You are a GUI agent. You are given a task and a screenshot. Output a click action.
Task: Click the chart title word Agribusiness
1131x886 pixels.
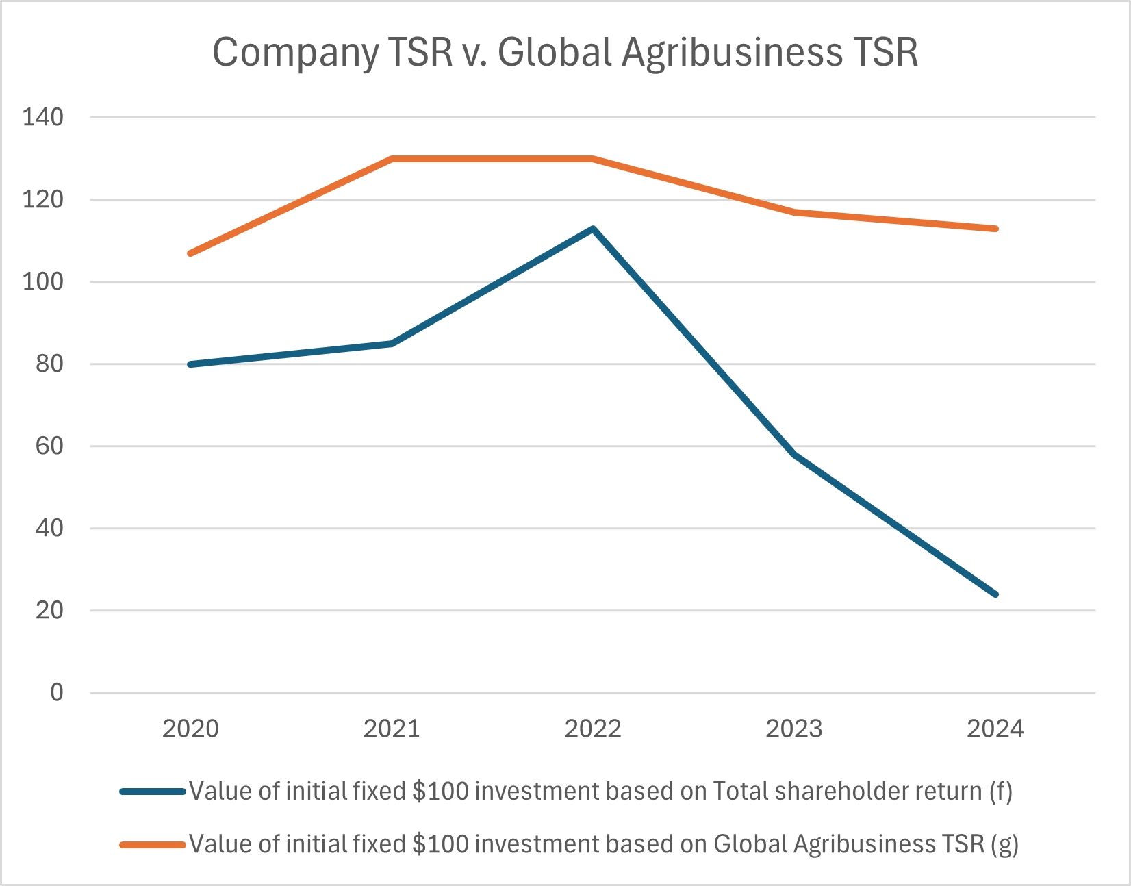tap(732, 52)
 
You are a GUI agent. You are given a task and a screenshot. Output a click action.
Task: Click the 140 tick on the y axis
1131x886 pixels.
tap(42, 117)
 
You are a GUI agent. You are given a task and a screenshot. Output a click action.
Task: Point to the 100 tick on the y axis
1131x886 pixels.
tap(42, 281)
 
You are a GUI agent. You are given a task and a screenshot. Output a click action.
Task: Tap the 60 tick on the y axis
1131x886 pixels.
tap(49, 446)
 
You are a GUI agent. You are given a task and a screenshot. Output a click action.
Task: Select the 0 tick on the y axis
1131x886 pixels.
tap(56, 692)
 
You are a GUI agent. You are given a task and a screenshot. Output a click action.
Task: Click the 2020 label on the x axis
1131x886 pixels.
tap(190, 729)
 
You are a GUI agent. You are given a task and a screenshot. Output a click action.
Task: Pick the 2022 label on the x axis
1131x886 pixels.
tap(593, 729)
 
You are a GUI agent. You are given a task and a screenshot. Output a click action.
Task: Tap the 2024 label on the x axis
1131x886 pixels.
tap(995, 729)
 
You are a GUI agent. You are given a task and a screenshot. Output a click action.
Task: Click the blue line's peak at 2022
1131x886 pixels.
tap(593, 229)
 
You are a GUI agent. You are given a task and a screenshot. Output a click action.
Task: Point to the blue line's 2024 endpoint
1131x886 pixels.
tap(995, 594)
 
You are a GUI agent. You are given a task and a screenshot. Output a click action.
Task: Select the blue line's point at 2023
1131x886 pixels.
tap(794, 454)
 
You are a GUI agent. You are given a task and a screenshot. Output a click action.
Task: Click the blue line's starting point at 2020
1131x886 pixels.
tap(190, 364)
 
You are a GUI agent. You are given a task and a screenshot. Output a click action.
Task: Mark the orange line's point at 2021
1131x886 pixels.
tap(392, 159)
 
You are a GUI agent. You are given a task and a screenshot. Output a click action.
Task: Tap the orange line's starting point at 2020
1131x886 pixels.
tap(190, 253)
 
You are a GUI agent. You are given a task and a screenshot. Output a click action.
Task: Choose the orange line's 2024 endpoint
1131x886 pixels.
tap(995, 229)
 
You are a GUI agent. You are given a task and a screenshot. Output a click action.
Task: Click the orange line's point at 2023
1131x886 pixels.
tap(794, 212)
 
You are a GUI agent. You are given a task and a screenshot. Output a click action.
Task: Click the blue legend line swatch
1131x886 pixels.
tap(153, 792)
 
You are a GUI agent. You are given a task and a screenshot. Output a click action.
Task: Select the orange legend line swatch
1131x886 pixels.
tap(153, 845)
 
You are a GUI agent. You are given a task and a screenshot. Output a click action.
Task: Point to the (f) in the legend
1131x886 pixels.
tap(1000, 792)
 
